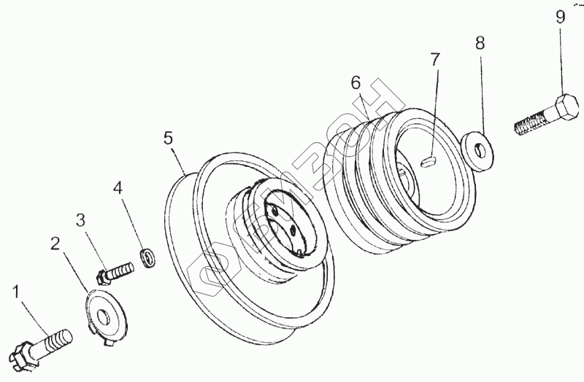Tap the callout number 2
[55, 244]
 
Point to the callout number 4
[117, 188]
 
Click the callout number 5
[168, 137]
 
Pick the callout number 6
[356, 83]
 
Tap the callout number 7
[435, 60]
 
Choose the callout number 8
[480, 43]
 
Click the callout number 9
[560, 17]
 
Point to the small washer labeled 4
[148, 256]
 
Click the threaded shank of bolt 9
[533, 124]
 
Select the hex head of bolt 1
[24, 354]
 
